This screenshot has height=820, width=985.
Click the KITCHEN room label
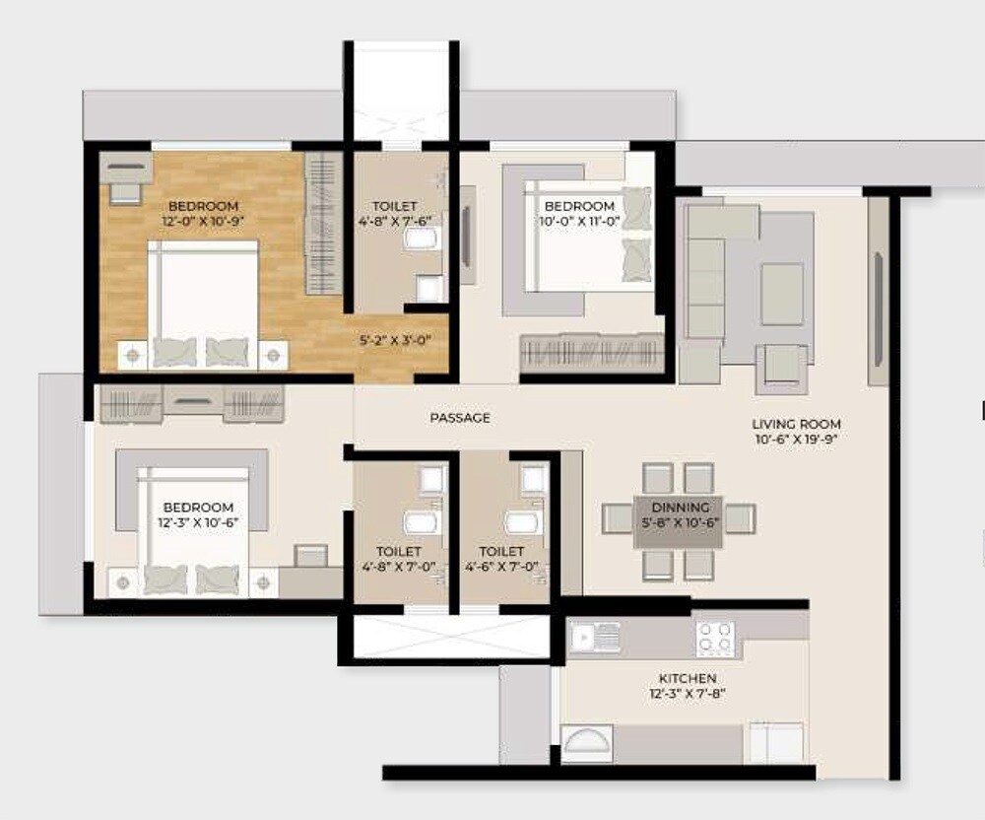(x=688, y=678)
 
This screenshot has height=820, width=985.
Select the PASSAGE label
(x=460, y=418)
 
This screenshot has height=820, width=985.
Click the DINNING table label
(x=679, y=507)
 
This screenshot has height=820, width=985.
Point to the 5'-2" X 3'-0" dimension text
(x=394, y=341)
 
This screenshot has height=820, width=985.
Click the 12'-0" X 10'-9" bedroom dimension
(x=203, y=222)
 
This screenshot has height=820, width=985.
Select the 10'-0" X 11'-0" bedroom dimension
(x=579, y=222)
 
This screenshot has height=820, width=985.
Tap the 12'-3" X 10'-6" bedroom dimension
(x=198, y=522)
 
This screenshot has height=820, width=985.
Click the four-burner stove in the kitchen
(x=715, y=639)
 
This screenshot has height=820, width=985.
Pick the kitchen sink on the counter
(x=595, y=639)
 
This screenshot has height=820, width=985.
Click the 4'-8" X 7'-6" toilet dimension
(x=394, y=222)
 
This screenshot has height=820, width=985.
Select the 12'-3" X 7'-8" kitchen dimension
(x=688, y=694)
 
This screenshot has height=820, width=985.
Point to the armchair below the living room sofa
(x=785, y=366)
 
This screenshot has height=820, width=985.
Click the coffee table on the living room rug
(x=782, y=294)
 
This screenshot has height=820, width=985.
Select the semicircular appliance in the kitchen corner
(x=586, y=744)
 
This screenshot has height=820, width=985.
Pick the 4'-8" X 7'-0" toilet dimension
(x=399, y=567)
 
